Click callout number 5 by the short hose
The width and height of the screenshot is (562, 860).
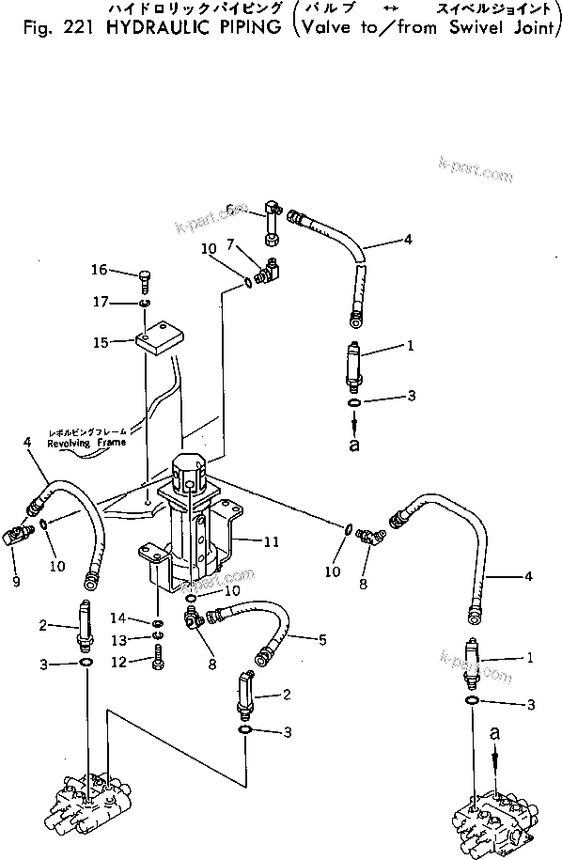coord(321,640)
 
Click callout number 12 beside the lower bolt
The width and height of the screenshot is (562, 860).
coord(118,663)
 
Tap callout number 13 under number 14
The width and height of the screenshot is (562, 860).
coord(118,640)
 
